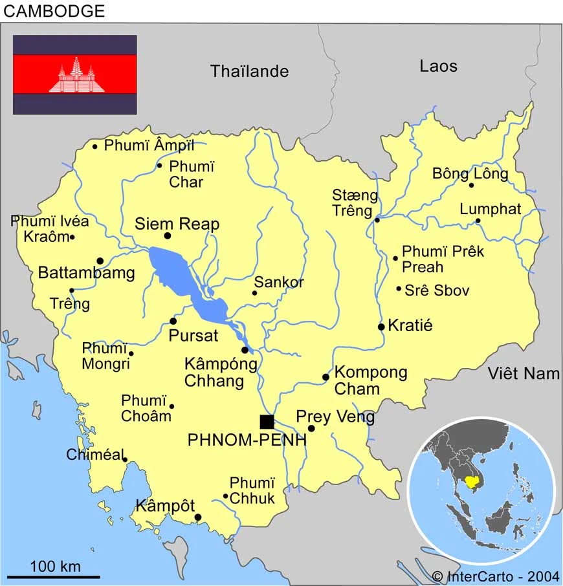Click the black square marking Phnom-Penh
coord(267,422)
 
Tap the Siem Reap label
coord(177,224)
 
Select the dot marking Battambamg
coord(100,261)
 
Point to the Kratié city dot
coord(381,327)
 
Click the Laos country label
coord(438,66)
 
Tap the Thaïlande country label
coord(249,71)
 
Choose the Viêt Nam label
coord(524,373)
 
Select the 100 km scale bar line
coord(54,576)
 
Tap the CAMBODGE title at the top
coord(54,10)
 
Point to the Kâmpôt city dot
coord(198,517)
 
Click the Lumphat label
coord(490,209)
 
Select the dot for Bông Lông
coord(471,186)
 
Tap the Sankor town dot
coord(254,293)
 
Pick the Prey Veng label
coord(335,417)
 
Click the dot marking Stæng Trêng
coord(377,220)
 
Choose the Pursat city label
coord(193,336)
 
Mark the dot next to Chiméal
coord(125,460)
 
